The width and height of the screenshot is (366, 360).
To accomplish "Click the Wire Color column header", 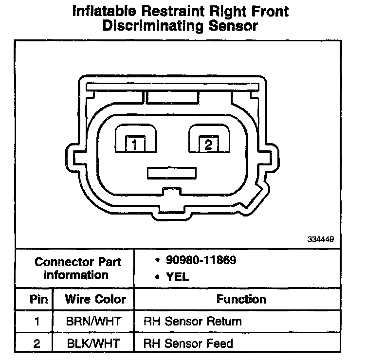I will [x=95, y=299].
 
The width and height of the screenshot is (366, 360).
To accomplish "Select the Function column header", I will [x=241, y=299].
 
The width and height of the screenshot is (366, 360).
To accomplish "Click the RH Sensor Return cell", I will [x=193, y=322].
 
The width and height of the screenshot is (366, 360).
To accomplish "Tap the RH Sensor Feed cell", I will [x=188, y=343].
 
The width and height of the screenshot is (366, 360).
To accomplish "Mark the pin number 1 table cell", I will [x=37, y=322].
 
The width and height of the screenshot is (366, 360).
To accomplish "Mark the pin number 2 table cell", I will [x=37, y=343].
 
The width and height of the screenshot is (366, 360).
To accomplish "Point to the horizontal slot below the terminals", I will [x=172, y=173].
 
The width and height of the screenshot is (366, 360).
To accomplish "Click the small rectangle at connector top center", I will [x=172, y=97].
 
